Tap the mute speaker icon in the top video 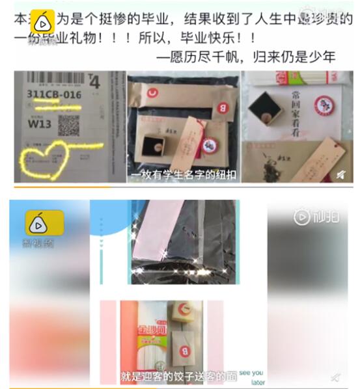pos(340,174)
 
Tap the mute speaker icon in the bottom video pos(335,376)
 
